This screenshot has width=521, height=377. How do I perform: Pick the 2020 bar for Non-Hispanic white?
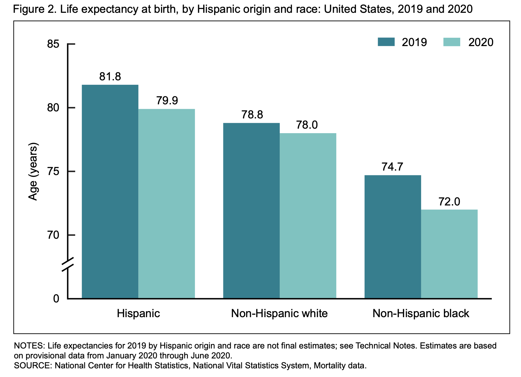pos(308,216)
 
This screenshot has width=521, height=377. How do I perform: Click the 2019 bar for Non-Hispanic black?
pos(393,237)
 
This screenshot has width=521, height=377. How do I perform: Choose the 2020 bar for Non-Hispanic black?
pos(449,254)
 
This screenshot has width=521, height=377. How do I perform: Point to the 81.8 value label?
pos(110,77)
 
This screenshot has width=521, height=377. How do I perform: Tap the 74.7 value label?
pos(392,167)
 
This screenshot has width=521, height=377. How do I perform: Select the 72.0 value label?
pos(449,202)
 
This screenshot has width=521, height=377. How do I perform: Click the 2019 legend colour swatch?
pos(386,42)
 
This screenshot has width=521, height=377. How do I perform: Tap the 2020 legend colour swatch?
pos(452,42)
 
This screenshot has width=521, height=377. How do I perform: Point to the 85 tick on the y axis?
pos(53,44)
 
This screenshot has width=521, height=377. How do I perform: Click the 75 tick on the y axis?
pos(53,172)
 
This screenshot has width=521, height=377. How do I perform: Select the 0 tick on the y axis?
pos(56,299)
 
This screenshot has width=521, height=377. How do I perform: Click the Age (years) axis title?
pos(33,172)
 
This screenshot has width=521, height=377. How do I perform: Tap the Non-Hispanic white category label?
pos(279,313)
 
